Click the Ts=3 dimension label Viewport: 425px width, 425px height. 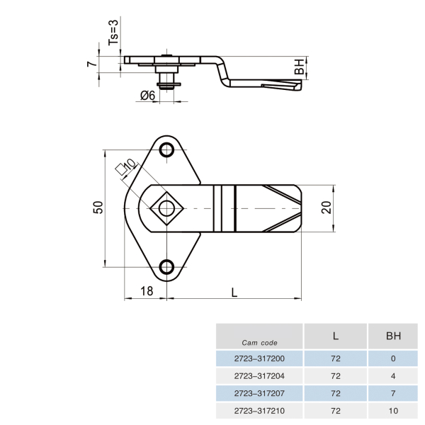click(x=113, y=33)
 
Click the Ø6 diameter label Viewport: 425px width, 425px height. click(x=148, y=96)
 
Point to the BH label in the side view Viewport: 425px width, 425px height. click(x=299, y=67)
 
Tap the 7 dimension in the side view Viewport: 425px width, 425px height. click(x=92, y=64)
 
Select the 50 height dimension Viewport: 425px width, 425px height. click(x=98, y=208)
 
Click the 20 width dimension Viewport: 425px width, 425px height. click(x=327, y=208)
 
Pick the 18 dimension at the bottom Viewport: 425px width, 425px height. click(x=147, y=291)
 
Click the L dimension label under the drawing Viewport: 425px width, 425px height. click(x=234, y=293)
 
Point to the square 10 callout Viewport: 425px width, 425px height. click(x=125, y=166)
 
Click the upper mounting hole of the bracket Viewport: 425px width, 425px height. click(x=166, y=149)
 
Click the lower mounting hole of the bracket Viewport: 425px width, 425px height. click(x=166, y=267)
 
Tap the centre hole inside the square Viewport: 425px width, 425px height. click(x=166, y=208)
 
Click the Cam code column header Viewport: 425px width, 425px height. click(x=259, y=343)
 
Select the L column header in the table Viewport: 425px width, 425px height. click(x=336, y=336)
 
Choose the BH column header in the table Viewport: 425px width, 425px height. click(x=393, y=336)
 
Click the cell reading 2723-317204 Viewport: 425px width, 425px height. click(x=259, y=376)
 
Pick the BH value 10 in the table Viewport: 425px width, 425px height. click(x=393, y=411)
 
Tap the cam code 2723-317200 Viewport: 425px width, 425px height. click(x=259, y=358)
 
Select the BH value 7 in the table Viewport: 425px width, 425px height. click(x=393, y=393)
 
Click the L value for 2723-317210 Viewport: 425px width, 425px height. click(x=336, y=411)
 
